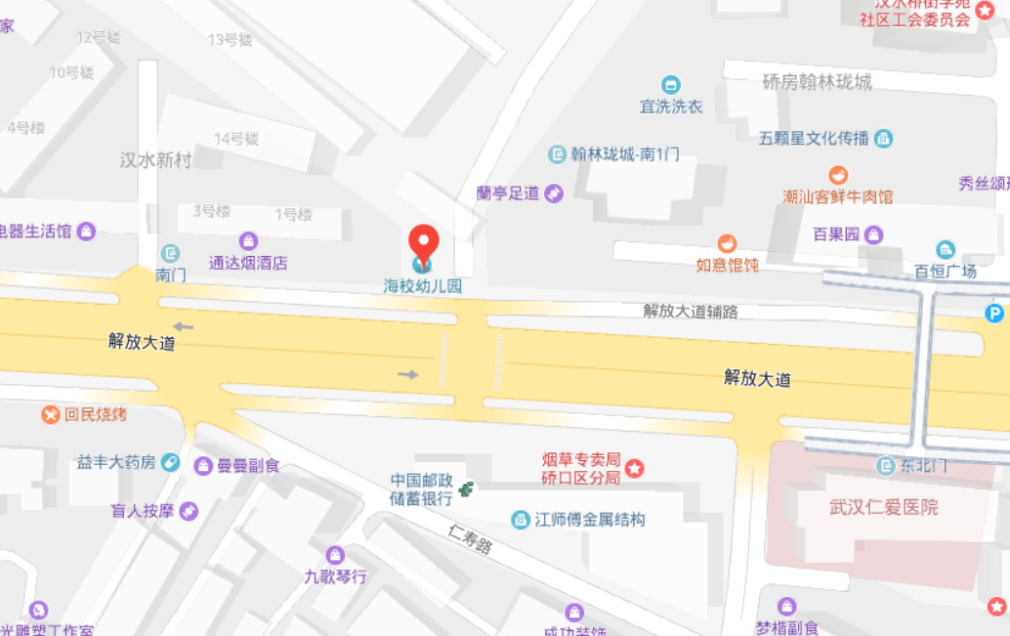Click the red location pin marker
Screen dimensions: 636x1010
click(423, 241)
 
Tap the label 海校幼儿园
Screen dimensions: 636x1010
click(422, 287)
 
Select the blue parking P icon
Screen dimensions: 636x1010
click(993, 314)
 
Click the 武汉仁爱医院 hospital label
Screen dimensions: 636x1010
click(883, 507)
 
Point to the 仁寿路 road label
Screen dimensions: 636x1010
click(470, 538)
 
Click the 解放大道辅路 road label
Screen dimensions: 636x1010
click(690, 312)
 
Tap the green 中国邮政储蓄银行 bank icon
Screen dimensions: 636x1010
click(468, 488)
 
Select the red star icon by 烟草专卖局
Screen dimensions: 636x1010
click(635, 469)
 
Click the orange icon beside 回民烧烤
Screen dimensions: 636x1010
click(51, 415)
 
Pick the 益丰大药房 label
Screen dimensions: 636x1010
click(116, 462)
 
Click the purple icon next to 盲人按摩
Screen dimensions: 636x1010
click(189, 511)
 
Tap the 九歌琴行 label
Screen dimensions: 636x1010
click(335, 576)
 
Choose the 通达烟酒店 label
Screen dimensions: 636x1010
click(248, 263)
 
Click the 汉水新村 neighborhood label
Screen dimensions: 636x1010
click(155, 160)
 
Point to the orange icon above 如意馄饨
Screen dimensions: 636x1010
click(726, 243)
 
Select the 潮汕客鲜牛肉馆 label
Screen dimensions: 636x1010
click(837, 196)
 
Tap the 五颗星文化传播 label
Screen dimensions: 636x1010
click(814, 139)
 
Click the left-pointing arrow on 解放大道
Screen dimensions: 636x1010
click(183, 327)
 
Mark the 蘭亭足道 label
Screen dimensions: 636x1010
click(508, 193)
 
